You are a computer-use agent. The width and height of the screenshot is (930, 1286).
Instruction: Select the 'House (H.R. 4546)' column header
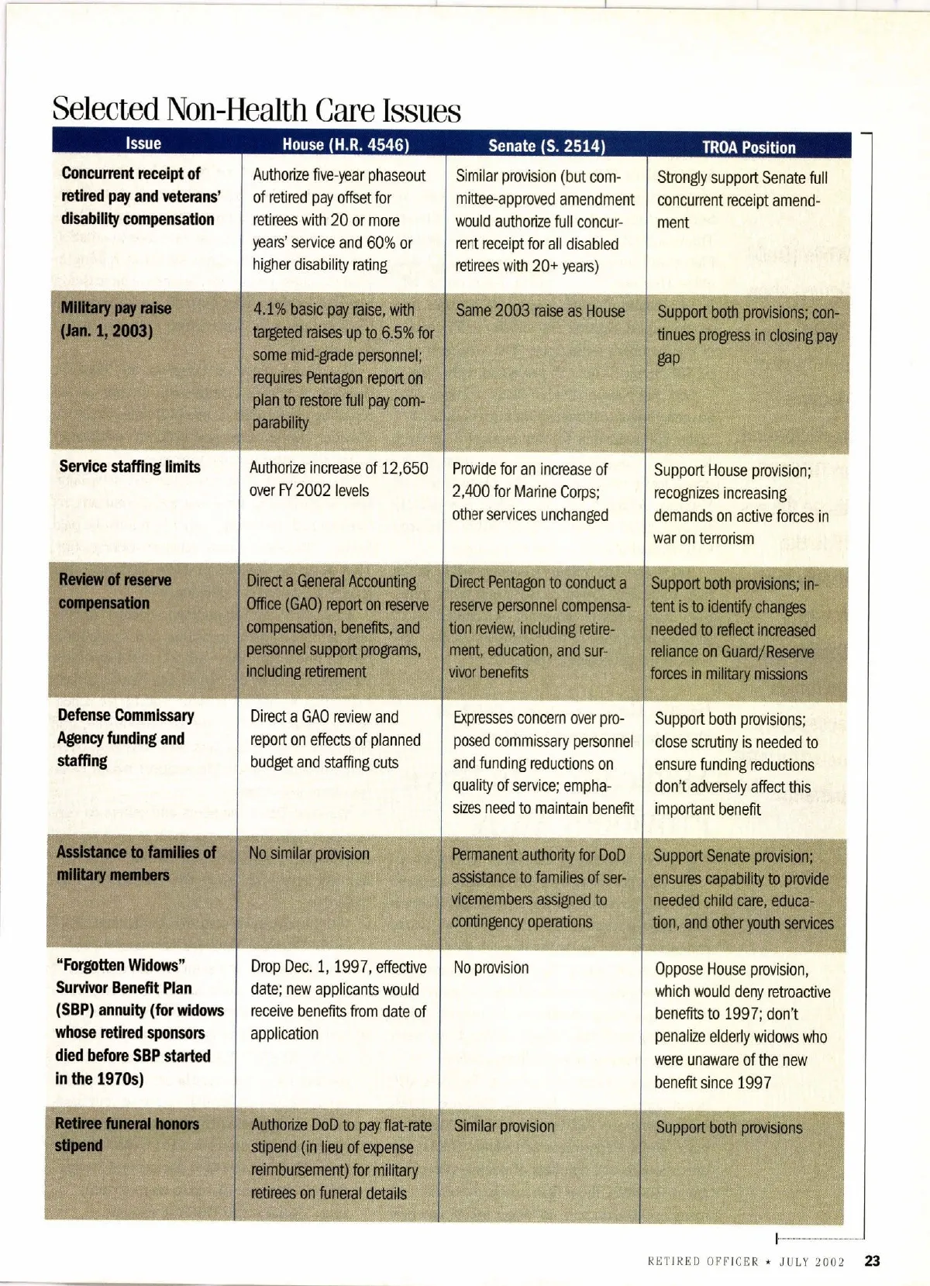(346, 145)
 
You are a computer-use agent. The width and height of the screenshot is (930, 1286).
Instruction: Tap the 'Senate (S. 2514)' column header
(546, 146)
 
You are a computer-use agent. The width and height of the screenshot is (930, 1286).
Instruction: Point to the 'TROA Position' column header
(749, 147)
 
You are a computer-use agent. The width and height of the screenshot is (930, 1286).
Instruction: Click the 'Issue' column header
(143, 143)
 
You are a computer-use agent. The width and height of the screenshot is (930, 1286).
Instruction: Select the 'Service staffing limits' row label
(129, 467)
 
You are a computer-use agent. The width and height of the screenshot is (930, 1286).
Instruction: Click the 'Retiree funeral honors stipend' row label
(126, 1134)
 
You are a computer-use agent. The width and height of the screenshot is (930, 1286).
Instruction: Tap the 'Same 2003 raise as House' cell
(540, 312)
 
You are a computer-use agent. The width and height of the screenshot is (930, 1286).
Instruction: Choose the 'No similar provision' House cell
(309, 853)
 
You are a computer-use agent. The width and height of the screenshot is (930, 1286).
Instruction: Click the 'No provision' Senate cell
(491, 967)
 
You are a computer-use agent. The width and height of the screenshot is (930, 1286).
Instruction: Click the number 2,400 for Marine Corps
(473, 492)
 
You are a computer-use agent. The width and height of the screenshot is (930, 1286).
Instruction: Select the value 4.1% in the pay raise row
(270, 310)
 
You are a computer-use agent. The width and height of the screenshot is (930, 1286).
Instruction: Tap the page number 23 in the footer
(872, 1261)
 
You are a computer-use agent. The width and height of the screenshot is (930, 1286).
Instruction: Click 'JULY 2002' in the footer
(811, 1262)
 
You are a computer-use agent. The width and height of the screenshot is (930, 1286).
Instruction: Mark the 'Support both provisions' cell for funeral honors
(728, 1128)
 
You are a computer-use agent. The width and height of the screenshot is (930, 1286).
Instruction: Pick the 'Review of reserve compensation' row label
(115, 591)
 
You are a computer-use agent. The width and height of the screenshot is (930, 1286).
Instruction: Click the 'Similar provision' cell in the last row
(504, 1126)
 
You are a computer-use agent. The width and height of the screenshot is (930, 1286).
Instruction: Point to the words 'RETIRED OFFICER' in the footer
(702, 1262)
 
